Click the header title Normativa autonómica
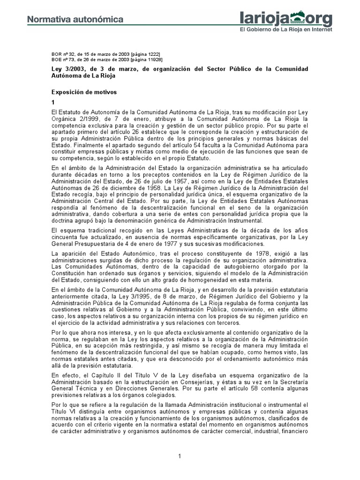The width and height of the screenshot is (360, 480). coord(75,20)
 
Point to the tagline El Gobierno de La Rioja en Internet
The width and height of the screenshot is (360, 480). coord(286,29)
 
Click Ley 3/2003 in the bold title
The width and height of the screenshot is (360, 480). coord(67,69)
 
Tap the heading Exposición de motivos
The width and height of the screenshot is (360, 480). coord(83,92)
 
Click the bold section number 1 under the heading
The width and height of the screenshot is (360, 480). coord(53,102)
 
